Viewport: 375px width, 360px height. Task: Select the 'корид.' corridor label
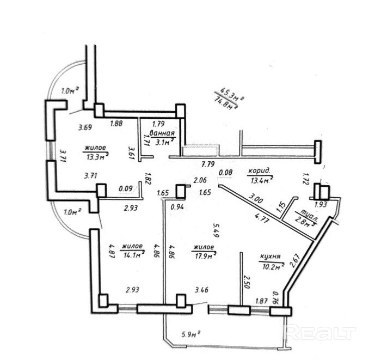click(x=259, y=171)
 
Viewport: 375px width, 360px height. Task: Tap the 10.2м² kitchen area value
click(x=273, y=266)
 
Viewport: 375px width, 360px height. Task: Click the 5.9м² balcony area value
click(x=190, y=333)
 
